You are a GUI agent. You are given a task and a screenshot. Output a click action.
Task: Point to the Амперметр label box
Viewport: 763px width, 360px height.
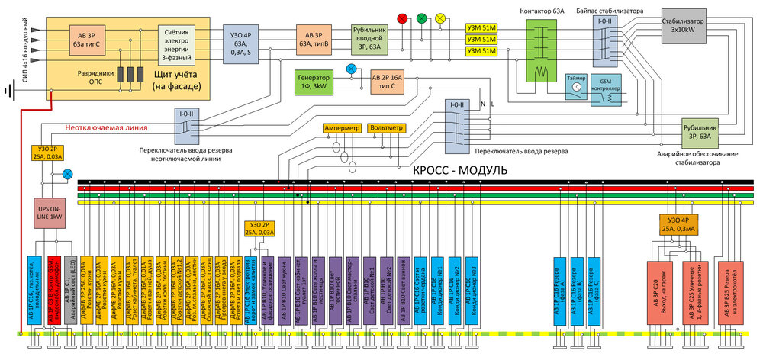340,127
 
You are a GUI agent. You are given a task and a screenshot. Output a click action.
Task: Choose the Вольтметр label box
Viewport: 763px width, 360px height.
385,127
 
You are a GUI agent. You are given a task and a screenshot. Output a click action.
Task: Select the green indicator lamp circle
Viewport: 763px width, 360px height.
421,18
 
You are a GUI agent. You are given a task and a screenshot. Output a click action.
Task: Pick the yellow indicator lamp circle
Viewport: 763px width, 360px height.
440,18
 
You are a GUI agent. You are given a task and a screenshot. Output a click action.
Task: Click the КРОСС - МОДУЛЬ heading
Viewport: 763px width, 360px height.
459,170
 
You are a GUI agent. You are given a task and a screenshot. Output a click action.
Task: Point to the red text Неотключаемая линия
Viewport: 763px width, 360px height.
105,127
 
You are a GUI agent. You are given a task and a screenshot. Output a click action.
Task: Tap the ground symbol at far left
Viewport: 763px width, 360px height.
10,92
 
